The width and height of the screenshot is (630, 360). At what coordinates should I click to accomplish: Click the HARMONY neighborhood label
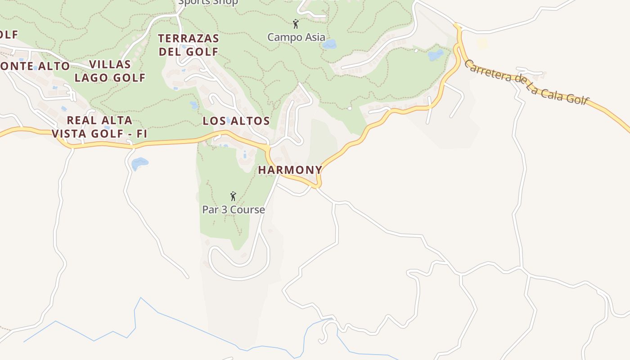[290, 170]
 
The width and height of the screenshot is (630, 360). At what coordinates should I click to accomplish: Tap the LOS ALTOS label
[236, 121]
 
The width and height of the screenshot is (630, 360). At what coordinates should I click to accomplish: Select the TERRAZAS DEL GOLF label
[189, 45]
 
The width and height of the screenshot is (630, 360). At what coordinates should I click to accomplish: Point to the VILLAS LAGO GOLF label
[110, 71]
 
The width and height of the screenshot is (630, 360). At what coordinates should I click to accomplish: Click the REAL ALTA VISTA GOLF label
[99, 127]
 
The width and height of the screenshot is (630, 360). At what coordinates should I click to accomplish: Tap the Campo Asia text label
[296, 37]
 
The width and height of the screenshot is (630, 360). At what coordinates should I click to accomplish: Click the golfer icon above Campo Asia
[296, 23]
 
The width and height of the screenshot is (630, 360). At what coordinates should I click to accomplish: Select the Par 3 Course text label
[234, 210]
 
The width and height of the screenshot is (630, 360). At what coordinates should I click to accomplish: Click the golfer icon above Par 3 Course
[233, 196]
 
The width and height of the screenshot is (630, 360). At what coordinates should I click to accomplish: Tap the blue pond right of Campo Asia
[330, 44]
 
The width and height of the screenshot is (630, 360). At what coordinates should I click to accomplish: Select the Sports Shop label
[208, 2]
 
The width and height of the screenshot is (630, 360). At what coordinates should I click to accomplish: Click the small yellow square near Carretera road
[482, 43]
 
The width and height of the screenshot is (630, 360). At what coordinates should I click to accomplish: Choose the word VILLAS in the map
[110, 64]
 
